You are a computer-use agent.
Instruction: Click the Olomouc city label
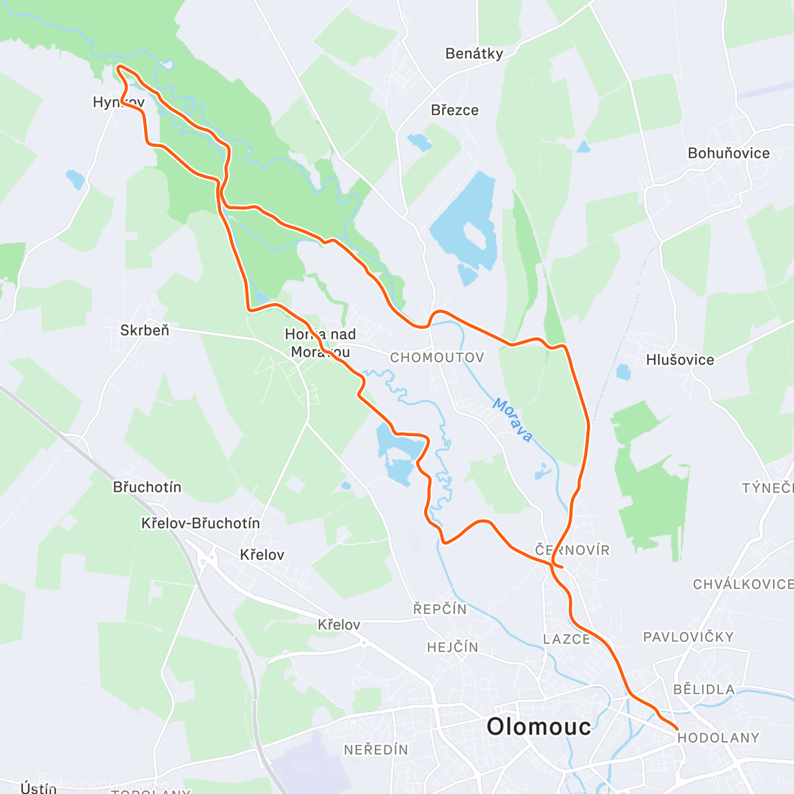pyautogui.click(x=539, y=727)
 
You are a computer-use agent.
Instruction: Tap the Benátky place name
pyautogui.click(x=474, y=54)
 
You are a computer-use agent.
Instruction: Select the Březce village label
pyautogui.click(x=454, y=110)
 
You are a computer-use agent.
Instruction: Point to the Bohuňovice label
pyautogui.click(x=728, y=153)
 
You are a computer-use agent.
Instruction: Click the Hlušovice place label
pyautogui.click(x=680, y=360)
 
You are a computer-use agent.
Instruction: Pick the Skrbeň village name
pyautogui.click(x=144, y=330)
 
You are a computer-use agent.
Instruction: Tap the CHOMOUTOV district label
pyautogui.click(x=437, y=358)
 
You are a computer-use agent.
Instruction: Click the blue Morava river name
pyautogui.click(x=513, y=420)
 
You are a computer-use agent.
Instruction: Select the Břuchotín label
pyautogui.click(x=147, y=487)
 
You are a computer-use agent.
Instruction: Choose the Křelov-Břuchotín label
pyautogui.click(x=200, y=523)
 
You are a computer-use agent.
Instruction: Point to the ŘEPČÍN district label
pyautogui.click(x=440, y=609)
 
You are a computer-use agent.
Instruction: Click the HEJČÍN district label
pyautogui.click(x=453, y=647)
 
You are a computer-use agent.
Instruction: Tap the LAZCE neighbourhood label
pyautogui.click(x=566, y=639)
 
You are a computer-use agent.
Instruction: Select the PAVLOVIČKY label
pyautogui.click(x=688, y=637)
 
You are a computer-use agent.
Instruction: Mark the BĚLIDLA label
pyautogui.click(x=703, y=689)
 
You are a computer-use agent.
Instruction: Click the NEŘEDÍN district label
pyautogui.click(x=376, y=750)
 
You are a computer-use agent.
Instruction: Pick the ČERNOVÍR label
pyautogui.click(x=572, y=550)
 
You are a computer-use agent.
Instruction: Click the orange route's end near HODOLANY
pyautogui.click(x=676, y=728)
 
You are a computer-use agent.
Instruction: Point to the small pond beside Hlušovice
pyautogui.click(x=623, y=372)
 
